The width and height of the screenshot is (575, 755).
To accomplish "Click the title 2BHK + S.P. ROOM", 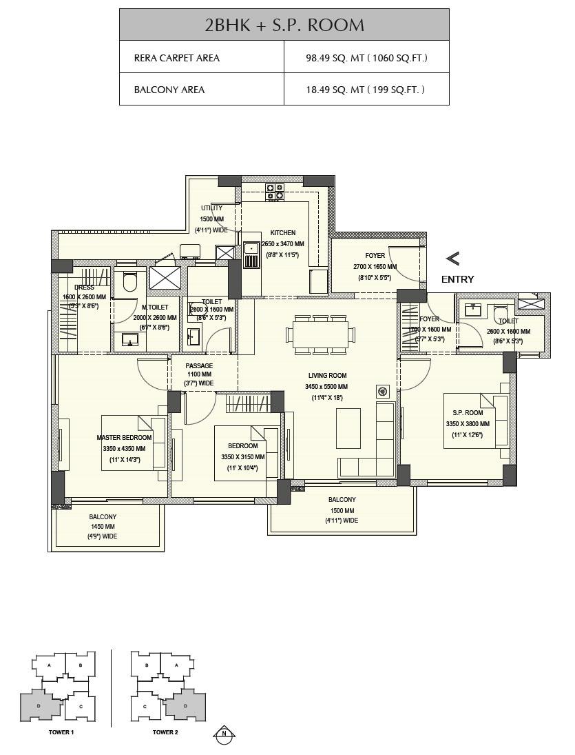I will pos(284,25).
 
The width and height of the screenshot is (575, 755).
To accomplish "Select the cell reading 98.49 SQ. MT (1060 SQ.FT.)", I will pos(366,58).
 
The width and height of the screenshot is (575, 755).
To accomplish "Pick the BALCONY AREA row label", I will pos(169,90).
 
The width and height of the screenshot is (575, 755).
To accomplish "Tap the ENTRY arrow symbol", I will pos(452,259).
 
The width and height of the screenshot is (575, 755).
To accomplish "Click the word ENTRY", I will pos(457,279).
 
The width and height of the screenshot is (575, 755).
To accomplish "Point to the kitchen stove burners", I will pos(275,192).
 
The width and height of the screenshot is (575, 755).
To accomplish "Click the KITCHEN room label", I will pos(282,233).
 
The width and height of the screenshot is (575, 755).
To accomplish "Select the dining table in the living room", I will pos(320,334).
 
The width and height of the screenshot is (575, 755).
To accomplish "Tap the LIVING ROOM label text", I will pos(326,376).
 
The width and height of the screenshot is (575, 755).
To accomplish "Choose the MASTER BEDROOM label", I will pos(124,438).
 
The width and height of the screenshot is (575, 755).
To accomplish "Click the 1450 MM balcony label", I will pos(103,526).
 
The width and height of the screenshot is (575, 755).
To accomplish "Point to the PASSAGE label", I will pos(198,366).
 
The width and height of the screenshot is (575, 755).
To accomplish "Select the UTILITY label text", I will pos(211,208).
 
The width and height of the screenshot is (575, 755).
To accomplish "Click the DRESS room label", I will pos(85,288).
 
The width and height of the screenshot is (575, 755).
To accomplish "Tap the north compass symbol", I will pos(224,734).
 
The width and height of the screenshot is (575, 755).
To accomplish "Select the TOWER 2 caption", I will pos(165,732).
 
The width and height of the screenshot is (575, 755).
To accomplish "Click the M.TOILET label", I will pos(155,308).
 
